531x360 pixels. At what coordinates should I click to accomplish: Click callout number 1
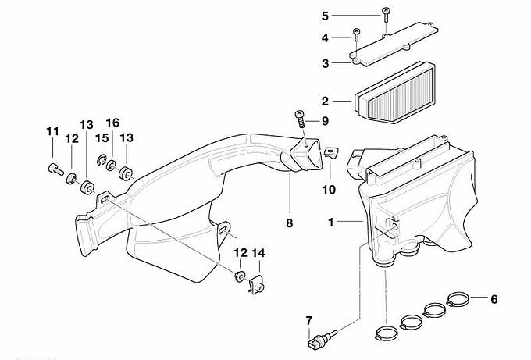331,222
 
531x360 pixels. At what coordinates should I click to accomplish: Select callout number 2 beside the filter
325,100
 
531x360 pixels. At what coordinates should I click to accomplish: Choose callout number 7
308,320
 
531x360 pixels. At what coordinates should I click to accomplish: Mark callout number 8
289,223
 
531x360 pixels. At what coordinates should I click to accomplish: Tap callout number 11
52,131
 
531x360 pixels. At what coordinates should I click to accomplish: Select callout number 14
258,253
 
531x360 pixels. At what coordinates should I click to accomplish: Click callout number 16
112,123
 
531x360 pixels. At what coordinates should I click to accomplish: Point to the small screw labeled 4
356,33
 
